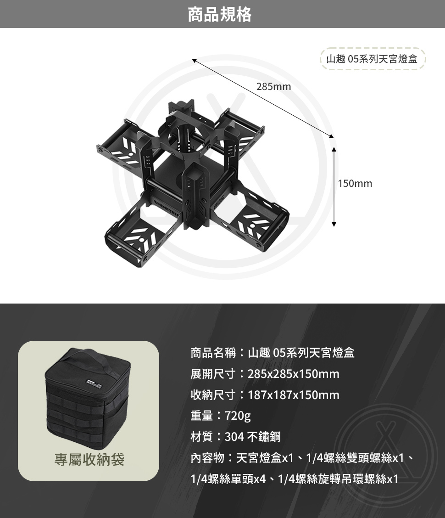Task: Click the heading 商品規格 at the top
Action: coord(220,14)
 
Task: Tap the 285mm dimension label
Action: coord(273,86)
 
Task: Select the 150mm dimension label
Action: coord(355,184)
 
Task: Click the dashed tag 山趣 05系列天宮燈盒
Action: coord(372,59)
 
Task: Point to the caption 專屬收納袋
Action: coord(89,459)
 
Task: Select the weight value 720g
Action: coord(238,416)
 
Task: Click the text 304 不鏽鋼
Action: coord(253,437)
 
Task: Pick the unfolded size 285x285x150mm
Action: coord(294,374)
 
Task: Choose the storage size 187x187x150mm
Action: coord(294,395)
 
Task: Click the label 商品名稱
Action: coord(213,353)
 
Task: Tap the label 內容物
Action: coord(207,458)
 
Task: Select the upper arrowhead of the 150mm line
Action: coord(334,149)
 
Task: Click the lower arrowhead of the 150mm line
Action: coord(334,224)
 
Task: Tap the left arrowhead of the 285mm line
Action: coord(195,60)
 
